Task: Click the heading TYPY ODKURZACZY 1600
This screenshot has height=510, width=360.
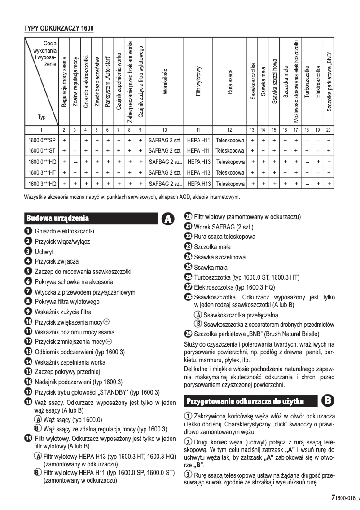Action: click(58, 29)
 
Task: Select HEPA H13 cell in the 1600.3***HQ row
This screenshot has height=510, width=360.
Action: click(198, 184)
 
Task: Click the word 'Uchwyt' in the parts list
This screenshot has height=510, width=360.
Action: click(44, 252)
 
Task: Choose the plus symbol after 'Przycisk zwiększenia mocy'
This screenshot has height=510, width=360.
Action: click(106, 321)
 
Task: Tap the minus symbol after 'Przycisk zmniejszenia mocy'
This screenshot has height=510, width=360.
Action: click(108, 342)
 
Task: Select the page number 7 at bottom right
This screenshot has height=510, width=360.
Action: click(333, 497)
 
